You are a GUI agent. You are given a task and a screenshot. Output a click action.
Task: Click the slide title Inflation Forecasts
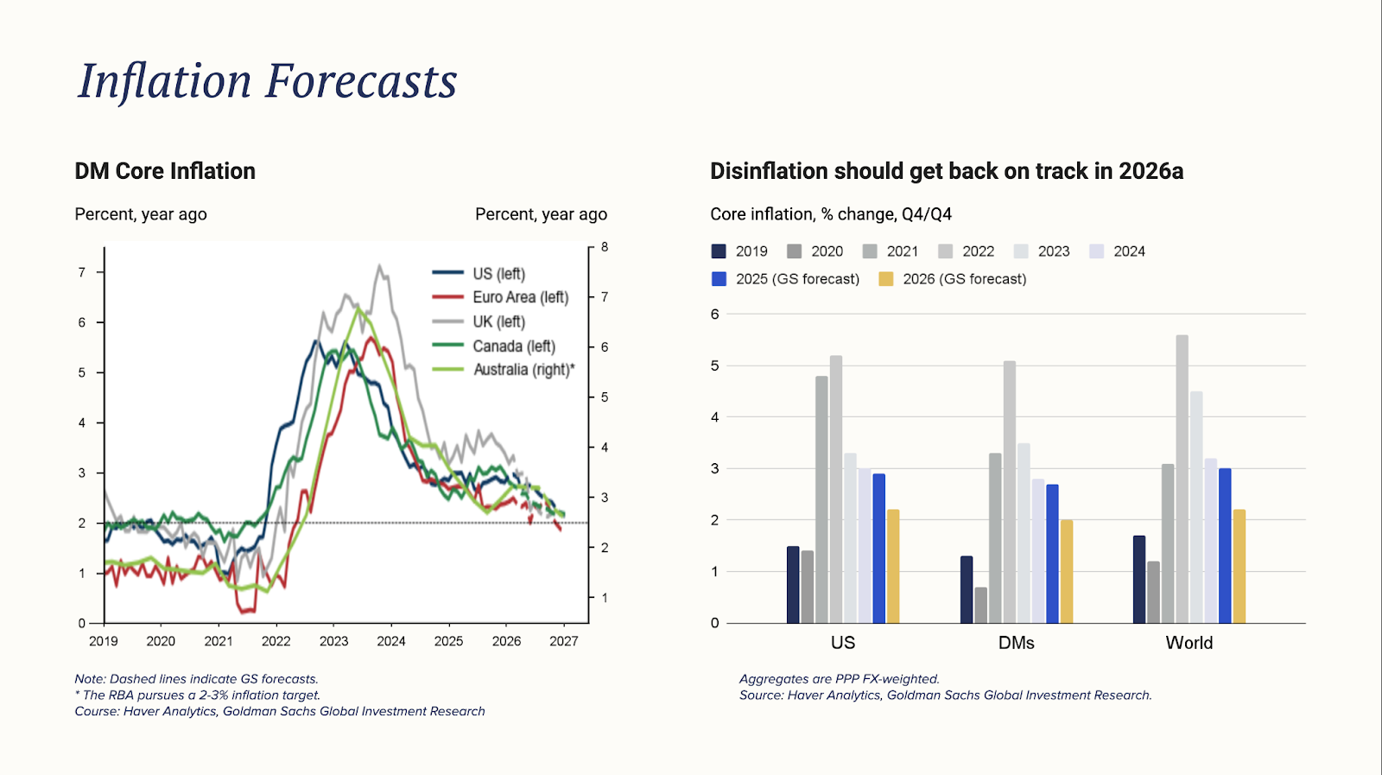coord(268,81)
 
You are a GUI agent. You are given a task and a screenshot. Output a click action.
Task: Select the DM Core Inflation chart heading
coord(165,171)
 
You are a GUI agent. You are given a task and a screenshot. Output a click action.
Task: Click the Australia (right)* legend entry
coord(523,370)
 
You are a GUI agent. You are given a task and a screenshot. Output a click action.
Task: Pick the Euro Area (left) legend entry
coord(520,297)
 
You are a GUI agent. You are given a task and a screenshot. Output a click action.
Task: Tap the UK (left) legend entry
coord(498,321)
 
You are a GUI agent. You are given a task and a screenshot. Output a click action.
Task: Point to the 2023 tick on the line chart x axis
coord(333,641)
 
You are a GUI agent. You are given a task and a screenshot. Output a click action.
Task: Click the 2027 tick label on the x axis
coord(563,641)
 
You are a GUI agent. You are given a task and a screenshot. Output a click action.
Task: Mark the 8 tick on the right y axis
coord(605,247)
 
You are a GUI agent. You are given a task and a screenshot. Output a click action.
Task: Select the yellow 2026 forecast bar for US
coord(893,566)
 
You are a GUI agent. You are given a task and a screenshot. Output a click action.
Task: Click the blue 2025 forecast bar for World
coord(1225,545)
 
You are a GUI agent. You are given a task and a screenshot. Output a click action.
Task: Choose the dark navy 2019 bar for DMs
coord(967,589)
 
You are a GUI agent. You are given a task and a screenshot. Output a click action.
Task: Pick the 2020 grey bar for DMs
coord(980,605)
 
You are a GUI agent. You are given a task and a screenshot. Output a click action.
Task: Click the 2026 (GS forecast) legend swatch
coord(886,279)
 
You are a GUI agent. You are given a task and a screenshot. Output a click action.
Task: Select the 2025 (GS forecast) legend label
coord(797,279)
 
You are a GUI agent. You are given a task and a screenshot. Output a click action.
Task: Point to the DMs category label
coord(1016,643)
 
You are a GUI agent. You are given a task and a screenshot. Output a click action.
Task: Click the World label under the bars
coord(1189,643)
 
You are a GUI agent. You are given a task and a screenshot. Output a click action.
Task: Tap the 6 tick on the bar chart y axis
coord(714,314)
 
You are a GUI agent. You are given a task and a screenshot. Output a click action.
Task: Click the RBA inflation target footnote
coord(198,696)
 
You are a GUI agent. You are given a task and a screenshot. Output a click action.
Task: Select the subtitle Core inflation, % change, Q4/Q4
coord(831,214)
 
